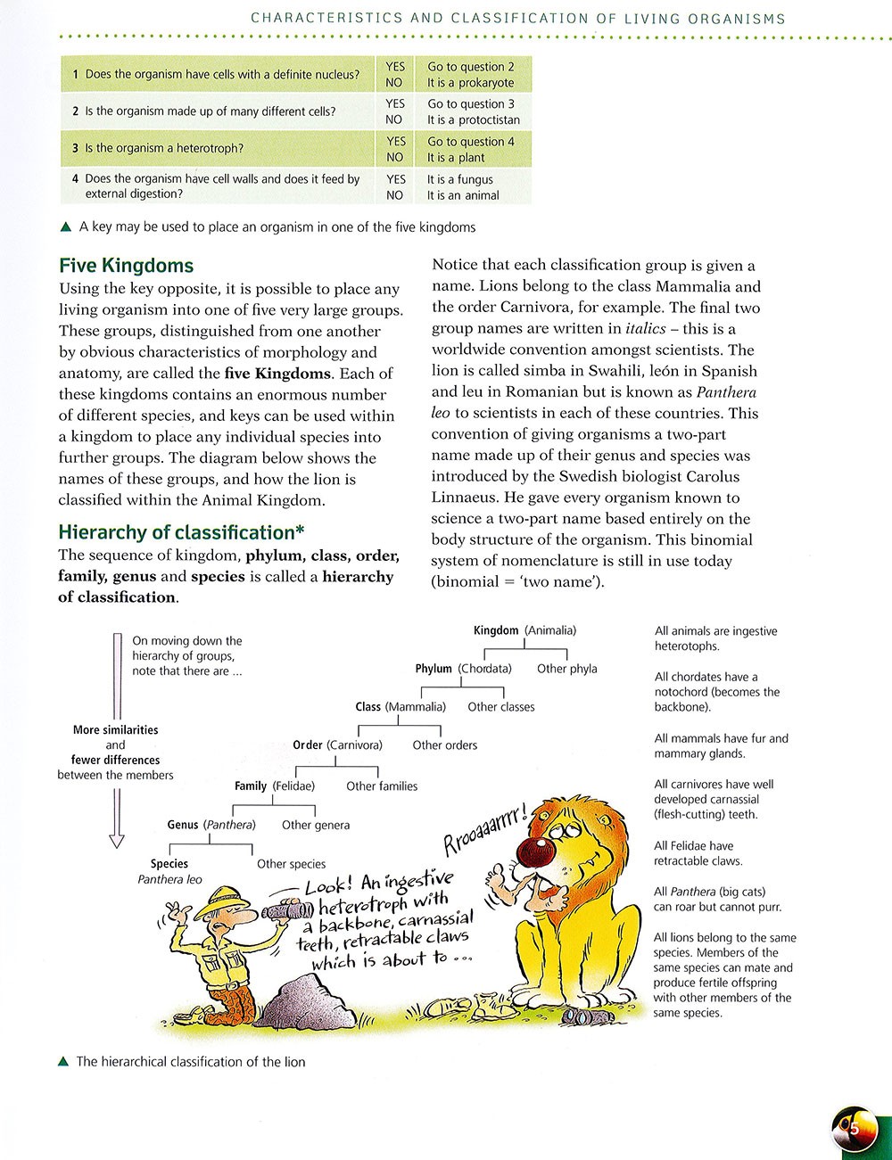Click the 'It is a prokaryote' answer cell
point(470,83)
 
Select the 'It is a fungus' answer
point(459,179)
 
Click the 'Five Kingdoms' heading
point(126,266)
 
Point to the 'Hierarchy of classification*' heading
point(181,532)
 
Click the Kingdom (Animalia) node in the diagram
point(524,630)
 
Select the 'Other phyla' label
point(566,669)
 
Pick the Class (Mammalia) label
point(400,707)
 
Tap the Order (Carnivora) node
point(337,745)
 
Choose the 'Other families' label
point(382,786)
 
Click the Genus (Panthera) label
point(211,825)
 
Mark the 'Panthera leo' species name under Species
point(169,879)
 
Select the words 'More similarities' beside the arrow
point(115,730)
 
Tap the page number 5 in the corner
point(853,1129)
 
